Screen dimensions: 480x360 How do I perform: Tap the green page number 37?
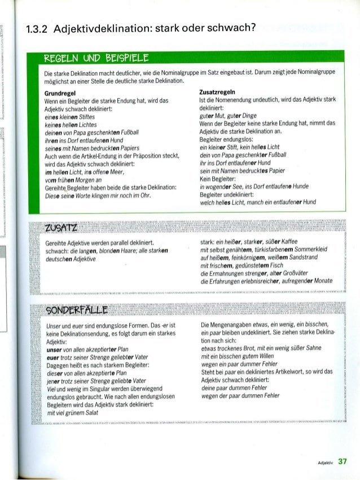[x=341, y=461]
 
